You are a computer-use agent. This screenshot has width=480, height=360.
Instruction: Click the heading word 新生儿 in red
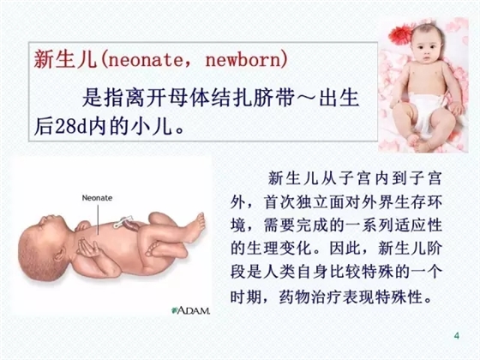(65, 59)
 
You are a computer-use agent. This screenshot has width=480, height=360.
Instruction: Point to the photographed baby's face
(419, 51)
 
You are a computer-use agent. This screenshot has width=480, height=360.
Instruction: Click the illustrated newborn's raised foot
(193, 228)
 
